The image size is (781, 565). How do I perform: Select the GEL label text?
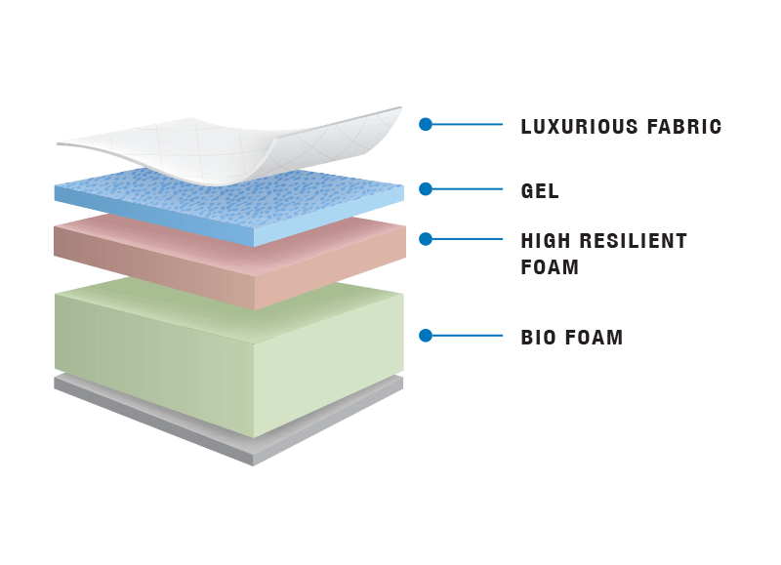[x=540, y=191]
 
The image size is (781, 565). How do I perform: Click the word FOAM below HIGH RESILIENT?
[x=550, y=266]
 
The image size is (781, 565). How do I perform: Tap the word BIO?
[x=538, y=338]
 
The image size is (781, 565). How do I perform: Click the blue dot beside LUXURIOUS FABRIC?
[x=426, y=125]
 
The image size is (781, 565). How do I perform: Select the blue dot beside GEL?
[x=426, y=189]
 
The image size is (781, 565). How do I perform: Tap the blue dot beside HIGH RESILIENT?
[x=426, y=238]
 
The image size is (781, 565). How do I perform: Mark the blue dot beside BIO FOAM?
[x=426, y=336]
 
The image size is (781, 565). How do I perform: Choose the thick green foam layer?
[x=229, y=351]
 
